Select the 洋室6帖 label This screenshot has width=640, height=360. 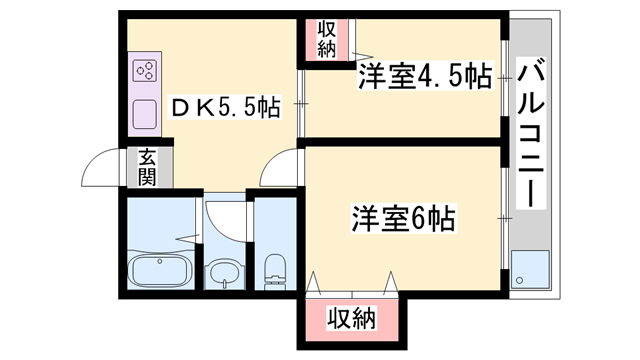coord(403,217)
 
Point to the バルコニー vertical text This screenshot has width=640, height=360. coord(532,130)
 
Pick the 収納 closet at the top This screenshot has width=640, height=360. coord(326,39)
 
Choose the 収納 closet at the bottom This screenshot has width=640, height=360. coord(351,320)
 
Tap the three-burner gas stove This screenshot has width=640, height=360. coord(143,72)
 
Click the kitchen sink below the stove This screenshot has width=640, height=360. coord(143,114)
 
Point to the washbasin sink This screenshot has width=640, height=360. coord(223,273)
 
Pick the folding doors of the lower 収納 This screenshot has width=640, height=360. coord(352,285)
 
